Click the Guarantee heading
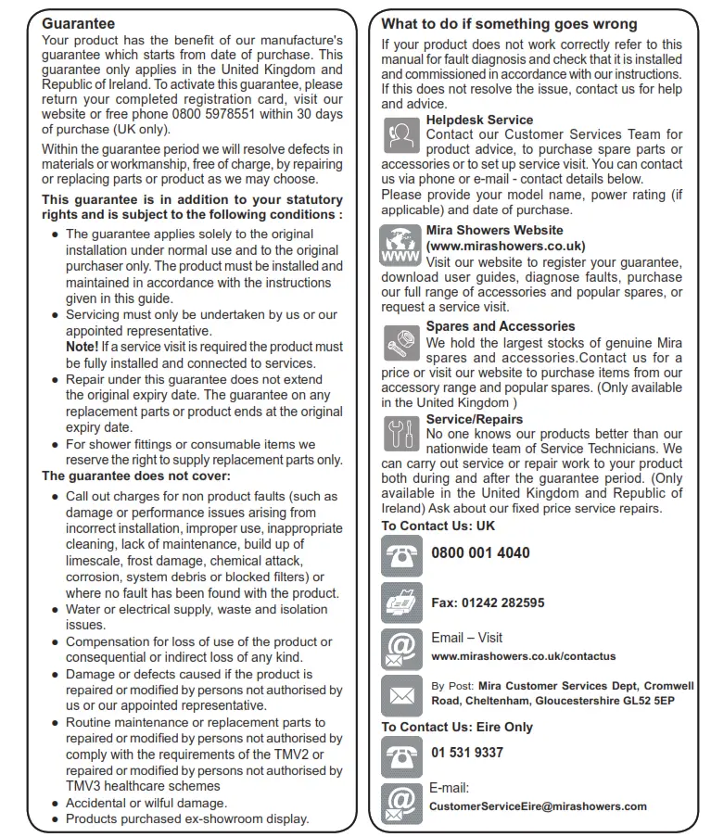click(x=79, y=23)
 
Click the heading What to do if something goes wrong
click(x=509, y=24)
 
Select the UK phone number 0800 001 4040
click(x=480, y=552)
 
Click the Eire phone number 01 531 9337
click(x=467, y=752)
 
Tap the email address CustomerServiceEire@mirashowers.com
click(x=538, y=806)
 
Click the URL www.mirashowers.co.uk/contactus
click(x=523, y=656)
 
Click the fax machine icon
click(x=401, y=603)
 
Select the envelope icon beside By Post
click(x=401, y=694)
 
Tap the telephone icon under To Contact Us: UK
click(x=401, y=554)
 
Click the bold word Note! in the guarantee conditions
click(x=83, y=347)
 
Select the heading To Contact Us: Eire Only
click(x=457, y=727)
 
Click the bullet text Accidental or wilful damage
click(x=146, y=803)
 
